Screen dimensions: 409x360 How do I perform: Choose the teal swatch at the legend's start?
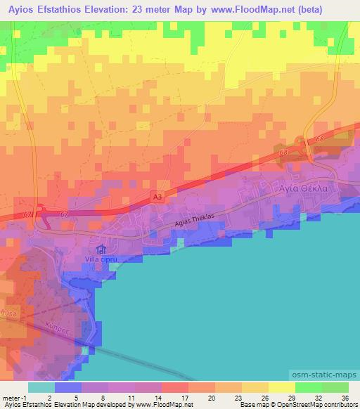coord(41,387)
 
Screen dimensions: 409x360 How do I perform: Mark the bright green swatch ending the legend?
coord(335,387)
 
